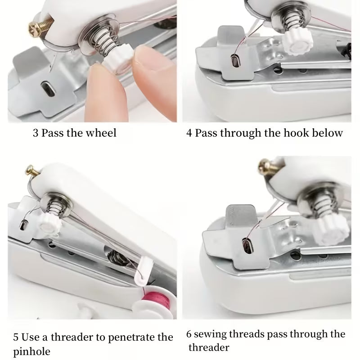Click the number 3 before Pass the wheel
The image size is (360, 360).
(x=36, y=133)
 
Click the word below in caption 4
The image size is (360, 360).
(x=328, y=133)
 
